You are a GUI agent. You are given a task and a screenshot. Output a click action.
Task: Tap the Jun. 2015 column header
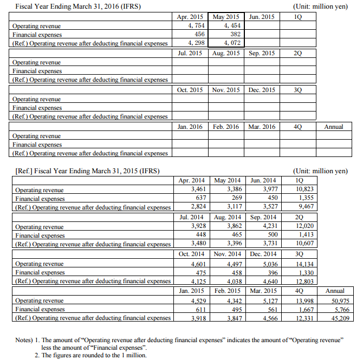tap(262, 17)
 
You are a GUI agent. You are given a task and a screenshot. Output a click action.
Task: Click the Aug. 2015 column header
tap(226, 53)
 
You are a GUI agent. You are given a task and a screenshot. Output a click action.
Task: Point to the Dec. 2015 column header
tap(262, 90)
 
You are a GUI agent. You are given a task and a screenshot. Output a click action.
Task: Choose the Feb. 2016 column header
tap(226, 127)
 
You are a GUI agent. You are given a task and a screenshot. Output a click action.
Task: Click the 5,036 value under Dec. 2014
tap(266, 264)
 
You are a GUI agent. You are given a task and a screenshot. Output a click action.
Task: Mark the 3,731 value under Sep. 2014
tap(266, 244)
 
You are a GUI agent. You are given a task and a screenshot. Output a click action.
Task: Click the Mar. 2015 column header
tap(263, 291)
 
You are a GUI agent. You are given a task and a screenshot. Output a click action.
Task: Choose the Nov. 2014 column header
tap(228, 254)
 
